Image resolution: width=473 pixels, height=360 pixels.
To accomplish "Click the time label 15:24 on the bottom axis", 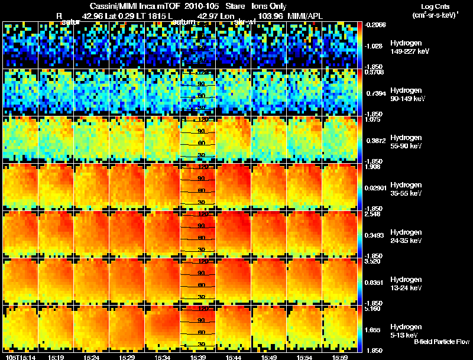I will (91, 357).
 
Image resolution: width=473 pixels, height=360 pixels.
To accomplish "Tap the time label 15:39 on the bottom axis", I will (197, 357).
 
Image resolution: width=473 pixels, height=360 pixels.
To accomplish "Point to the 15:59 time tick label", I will (339, 357).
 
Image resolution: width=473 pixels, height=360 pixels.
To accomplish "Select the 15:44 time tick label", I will (233, 357).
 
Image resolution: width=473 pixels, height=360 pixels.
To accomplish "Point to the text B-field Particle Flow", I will (441, 342).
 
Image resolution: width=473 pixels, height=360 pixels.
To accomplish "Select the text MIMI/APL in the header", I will (305, 15).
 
